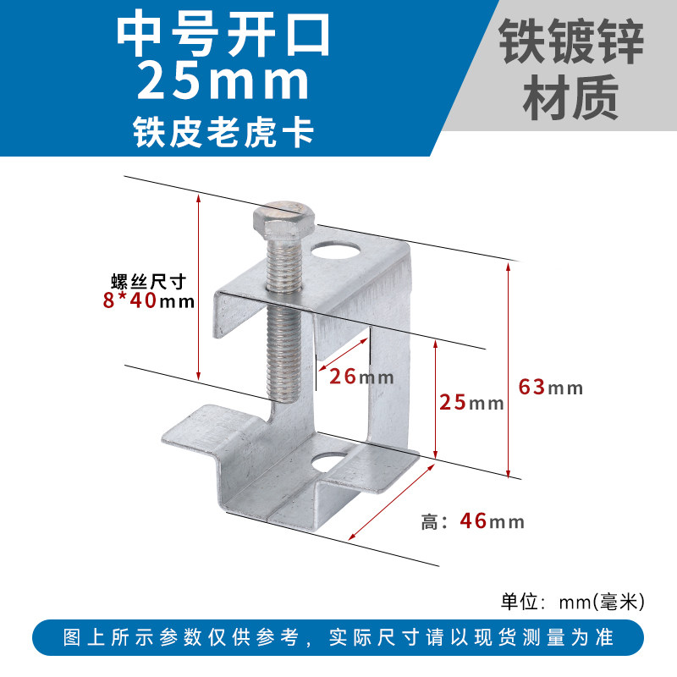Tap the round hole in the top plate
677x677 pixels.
tap(335, 250)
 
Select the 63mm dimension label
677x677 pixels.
tap(550, 388)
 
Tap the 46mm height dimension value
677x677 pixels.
tap(491, 521)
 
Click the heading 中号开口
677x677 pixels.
tap(223, 32)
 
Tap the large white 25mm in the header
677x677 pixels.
tap(223, 82)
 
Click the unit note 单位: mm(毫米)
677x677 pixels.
tap(573, 602)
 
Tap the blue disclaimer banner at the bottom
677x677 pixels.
tap(338, 637)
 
